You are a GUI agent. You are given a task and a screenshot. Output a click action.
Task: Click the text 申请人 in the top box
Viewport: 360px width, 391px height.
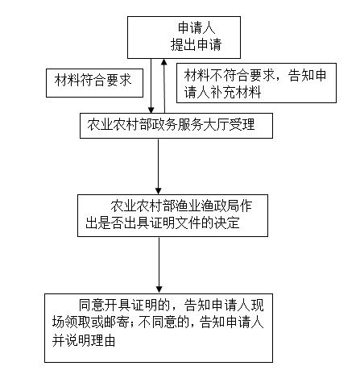197,28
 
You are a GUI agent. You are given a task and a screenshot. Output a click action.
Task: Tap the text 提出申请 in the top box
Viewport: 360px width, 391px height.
197,44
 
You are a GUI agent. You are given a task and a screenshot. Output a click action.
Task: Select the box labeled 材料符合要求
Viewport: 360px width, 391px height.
94,83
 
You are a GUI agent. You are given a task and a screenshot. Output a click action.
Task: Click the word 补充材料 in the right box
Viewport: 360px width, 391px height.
235,92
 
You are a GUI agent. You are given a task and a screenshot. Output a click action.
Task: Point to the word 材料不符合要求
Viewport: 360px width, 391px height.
230,75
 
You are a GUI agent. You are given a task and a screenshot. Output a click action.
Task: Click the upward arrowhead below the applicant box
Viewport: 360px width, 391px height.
164,62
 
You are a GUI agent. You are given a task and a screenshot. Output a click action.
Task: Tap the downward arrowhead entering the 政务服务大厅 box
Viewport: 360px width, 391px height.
151,110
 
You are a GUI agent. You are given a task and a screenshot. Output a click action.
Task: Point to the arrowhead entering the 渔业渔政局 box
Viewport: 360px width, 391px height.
159,191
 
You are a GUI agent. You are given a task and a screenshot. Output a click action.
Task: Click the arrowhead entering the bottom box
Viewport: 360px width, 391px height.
159,289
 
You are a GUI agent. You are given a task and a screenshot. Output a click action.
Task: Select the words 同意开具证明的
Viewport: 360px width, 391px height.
125,305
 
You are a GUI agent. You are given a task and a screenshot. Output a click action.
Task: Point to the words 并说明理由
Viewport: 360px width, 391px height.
84,340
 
